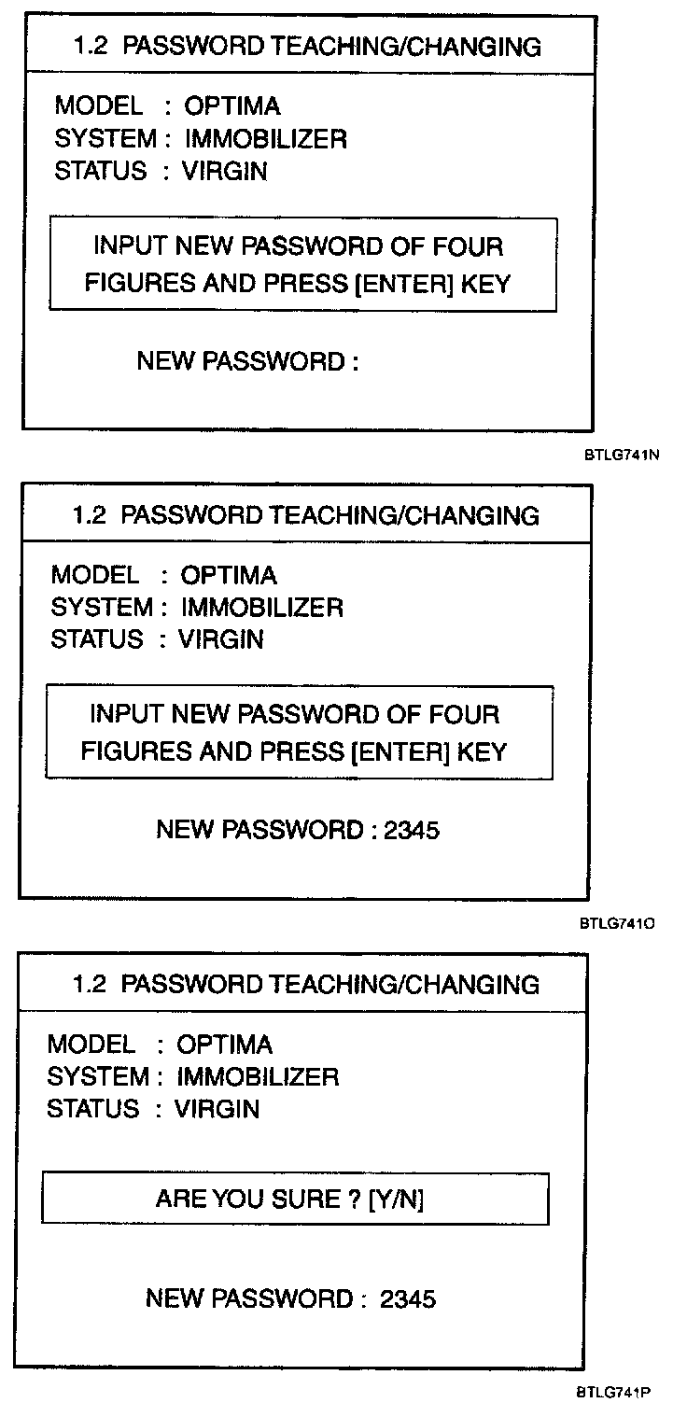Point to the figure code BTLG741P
(613, 1392)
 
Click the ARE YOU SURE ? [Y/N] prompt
(289, 1199)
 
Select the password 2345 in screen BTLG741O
(411, 829)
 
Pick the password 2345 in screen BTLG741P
(408, 1298)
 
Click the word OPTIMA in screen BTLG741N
(232, 105)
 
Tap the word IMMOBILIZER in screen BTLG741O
(261, 608)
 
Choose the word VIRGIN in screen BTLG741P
(217, 1109)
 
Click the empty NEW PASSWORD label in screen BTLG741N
(247, 361)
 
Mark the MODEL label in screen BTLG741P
(91, 1044)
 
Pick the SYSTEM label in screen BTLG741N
(105, 139)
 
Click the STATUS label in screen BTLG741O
(97, 639)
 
